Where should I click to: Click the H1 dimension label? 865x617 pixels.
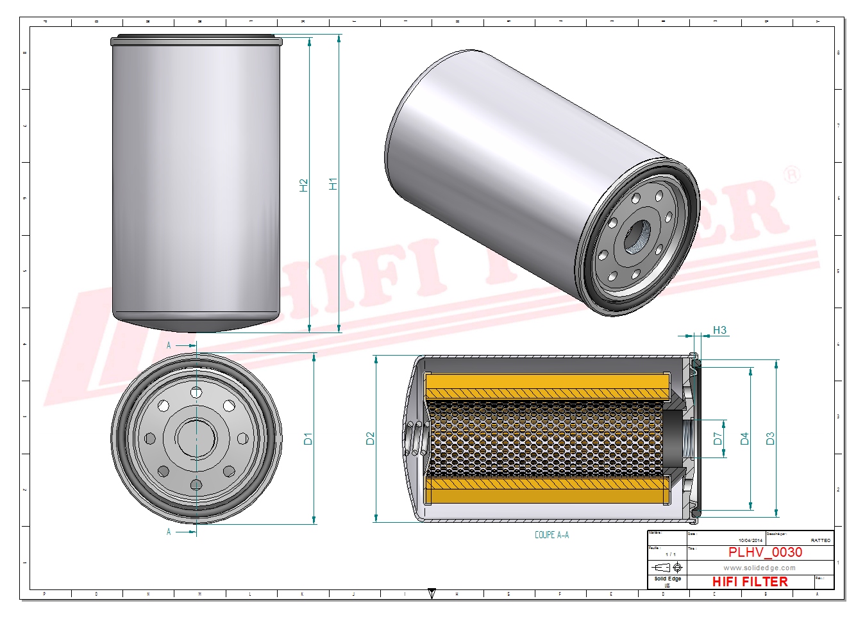333,184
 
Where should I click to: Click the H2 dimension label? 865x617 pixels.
304,185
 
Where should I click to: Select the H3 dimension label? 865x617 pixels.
719,331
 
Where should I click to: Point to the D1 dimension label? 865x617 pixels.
308,439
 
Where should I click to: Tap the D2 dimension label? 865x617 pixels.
370,439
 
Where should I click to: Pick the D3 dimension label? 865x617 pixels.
770,439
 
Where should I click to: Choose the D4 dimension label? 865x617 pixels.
744,439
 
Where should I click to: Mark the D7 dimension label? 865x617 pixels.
718,439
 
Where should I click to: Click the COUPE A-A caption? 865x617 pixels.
551,535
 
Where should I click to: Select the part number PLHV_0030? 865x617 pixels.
765,552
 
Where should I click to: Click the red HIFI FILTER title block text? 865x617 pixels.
750,582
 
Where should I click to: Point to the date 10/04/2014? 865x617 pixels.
750,541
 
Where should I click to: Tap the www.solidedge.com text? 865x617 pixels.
759,568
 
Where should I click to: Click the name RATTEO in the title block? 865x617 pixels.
820,541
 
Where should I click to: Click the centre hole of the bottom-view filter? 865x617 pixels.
196,438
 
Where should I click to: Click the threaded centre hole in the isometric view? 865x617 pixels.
635,236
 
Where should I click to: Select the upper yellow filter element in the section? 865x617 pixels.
547,386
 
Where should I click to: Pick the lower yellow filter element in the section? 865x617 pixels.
547,491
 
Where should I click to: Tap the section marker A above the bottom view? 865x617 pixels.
169,345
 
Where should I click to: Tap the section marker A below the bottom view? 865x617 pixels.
169,532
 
